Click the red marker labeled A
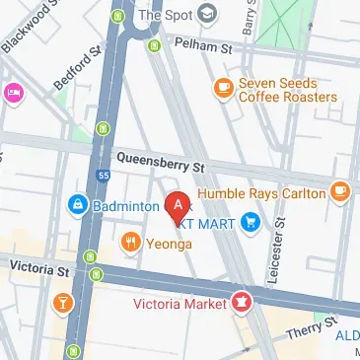pos(177,206)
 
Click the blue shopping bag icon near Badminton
pos(76,205)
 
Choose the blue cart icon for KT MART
pos(251,223)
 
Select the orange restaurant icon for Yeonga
pos(128,241)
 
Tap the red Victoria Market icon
pos(238,300)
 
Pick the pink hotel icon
pos(13,94)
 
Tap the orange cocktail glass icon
pos(63,302)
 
